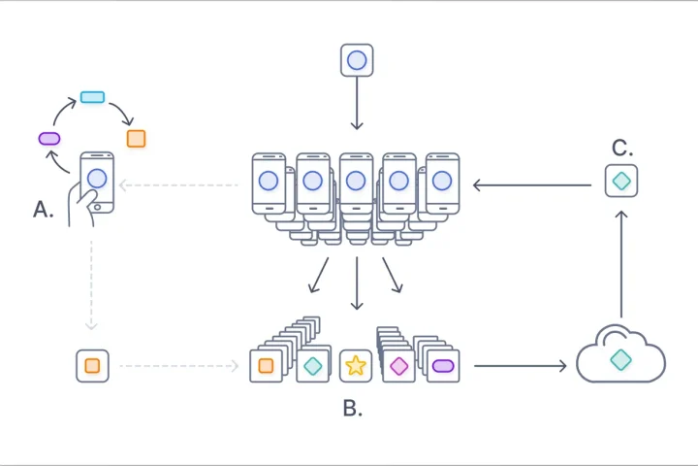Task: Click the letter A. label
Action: coord(43,209)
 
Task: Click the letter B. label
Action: coord(353,409)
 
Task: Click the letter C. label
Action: coord(621,149)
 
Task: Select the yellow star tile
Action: coord(356,366)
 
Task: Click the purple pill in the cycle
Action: coord(49,139)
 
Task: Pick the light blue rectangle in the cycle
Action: coord(92,97)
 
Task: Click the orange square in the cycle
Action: coord(136,139)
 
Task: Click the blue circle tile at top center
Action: coord(357,60)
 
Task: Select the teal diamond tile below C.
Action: coord(621,182)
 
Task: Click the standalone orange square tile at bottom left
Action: coord(92,366)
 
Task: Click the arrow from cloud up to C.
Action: coord(621,262)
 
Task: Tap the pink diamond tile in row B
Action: coord(398,366)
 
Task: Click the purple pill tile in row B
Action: coord(443,366)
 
